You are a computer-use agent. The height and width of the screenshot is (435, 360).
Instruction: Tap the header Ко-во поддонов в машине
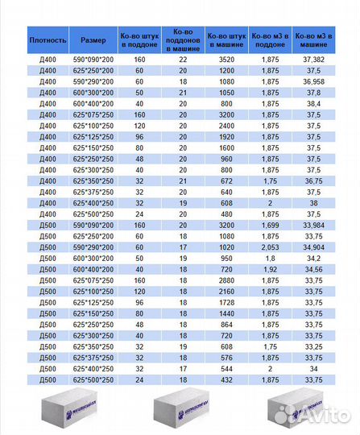183,39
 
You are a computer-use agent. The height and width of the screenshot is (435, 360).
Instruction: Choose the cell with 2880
226,280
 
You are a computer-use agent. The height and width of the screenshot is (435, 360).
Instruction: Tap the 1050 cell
226,93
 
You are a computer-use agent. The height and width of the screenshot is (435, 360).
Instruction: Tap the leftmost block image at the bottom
56,413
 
